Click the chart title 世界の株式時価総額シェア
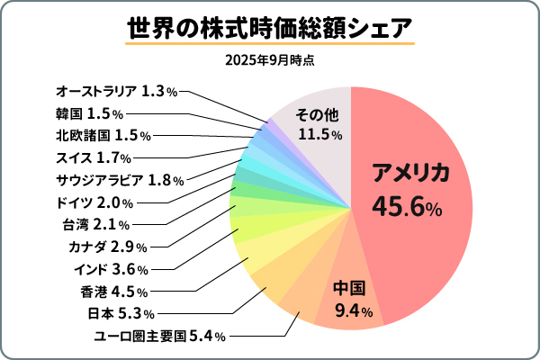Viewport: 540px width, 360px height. (x=270, y=26)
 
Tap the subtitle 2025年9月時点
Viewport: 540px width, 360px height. (x=270, y=61)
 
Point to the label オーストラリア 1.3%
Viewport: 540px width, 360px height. (x=116, y=91)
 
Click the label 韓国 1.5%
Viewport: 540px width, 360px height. (x=89, y=113)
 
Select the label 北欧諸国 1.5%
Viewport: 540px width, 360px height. (x=103, y=135)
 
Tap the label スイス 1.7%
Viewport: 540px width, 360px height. (x=94, y=157)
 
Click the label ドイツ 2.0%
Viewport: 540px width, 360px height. (x=95, y=202)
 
